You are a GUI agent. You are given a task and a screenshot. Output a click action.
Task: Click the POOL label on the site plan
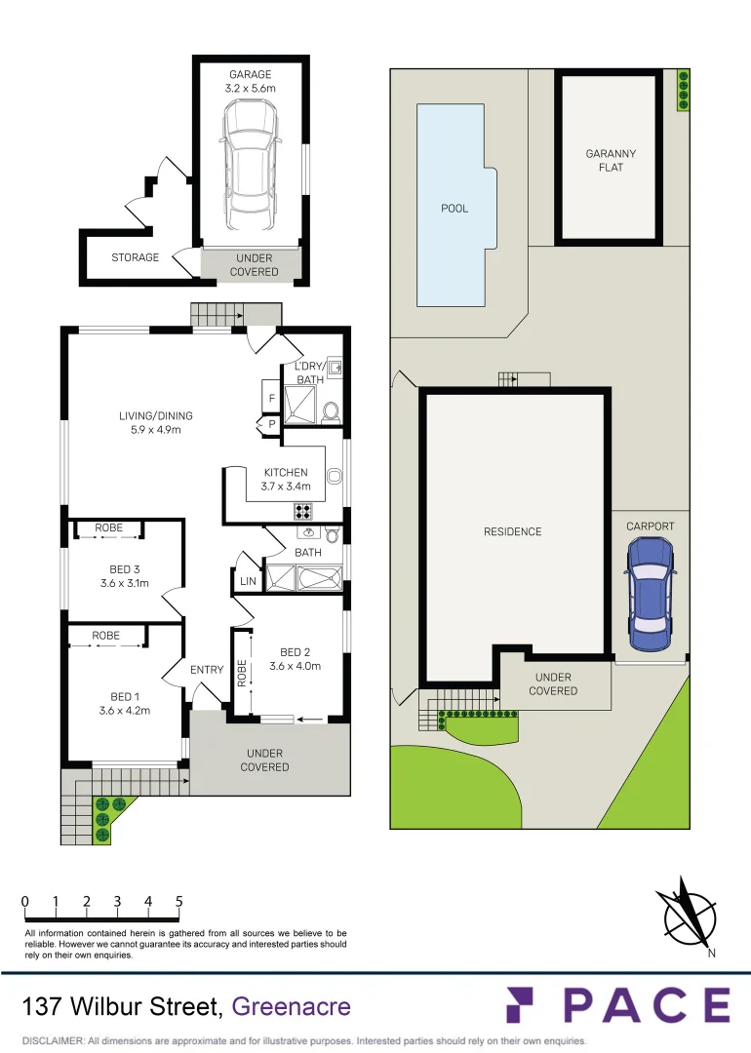click(x=455, y=208)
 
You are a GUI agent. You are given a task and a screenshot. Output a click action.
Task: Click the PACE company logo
click(x=617, y=1005)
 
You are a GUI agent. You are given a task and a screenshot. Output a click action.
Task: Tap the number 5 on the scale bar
click(x=179, y=902)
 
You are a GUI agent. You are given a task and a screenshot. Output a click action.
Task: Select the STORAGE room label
click(x=135, y=257)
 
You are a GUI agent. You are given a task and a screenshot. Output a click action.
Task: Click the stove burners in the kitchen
click(x=303, y=510)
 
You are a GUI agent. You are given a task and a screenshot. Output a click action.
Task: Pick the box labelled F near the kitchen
click(x=271, y=398)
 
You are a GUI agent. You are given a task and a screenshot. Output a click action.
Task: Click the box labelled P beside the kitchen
click(x=270, y=424)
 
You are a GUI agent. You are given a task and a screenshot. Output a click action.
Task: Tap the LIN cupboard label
click(x=248, y=582)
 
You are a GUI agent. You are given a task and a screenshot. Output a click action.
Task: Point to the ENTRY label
click(x=207, y=669)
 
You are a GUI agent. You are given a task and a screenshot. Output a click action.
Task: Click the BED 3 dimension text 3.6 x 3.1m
click(x=124, y=584)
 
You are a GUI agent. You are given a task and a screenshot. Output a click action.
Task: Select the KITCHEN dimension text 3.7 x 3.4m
click(x=285, y=487)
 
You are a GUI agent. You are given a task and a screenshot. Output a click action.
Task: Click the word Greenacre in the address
click(x=292, y=1006)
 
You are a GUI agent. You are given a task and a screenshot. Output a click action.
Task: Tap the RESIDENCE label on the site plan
click(x=512, y=531)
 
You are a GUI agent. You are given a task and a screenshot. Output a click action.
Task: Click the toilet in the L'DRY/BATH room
click(x=330, y=412)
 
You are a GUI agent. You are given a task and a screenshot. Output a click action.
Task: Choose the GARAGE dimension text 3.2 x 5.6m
click(x=251, y=88)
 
